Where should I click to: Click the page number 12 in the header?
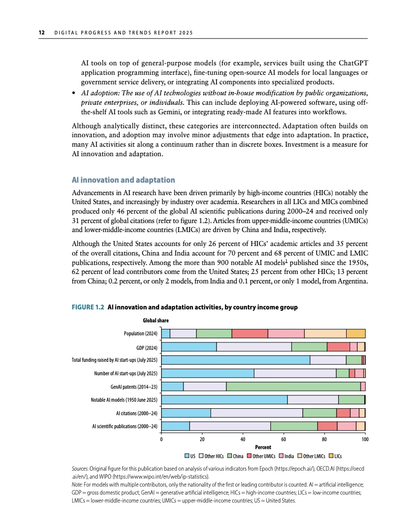point(42,33)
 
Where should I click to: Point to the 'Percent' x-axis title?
point(263,448)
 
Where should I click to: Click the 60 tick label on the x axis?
point(283,439)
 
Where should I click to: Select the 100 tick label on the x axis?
point(365,439)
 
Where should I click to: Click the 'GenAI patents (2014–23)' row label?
point(134,386)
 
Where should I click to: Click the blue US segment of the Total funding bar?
point(236,360)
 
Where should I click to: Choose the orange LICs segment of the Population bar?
point(356,333)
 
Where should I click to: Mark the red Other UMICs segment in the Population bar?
point(250,333)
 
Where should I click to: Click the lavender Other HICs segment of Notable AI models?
point(313,399)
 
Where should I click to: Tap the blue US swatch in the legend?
point(187,456)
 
